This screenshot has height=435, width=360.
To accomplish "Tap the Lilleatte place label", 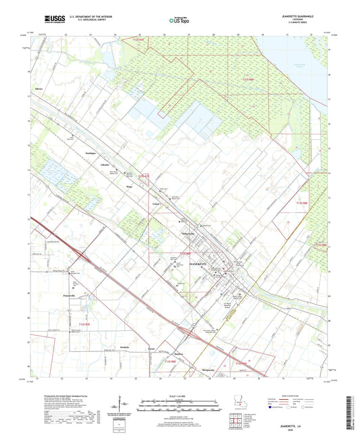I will point(105,165).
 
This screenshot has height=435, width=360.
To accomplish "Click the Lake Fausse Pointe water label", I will point(301,65).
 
